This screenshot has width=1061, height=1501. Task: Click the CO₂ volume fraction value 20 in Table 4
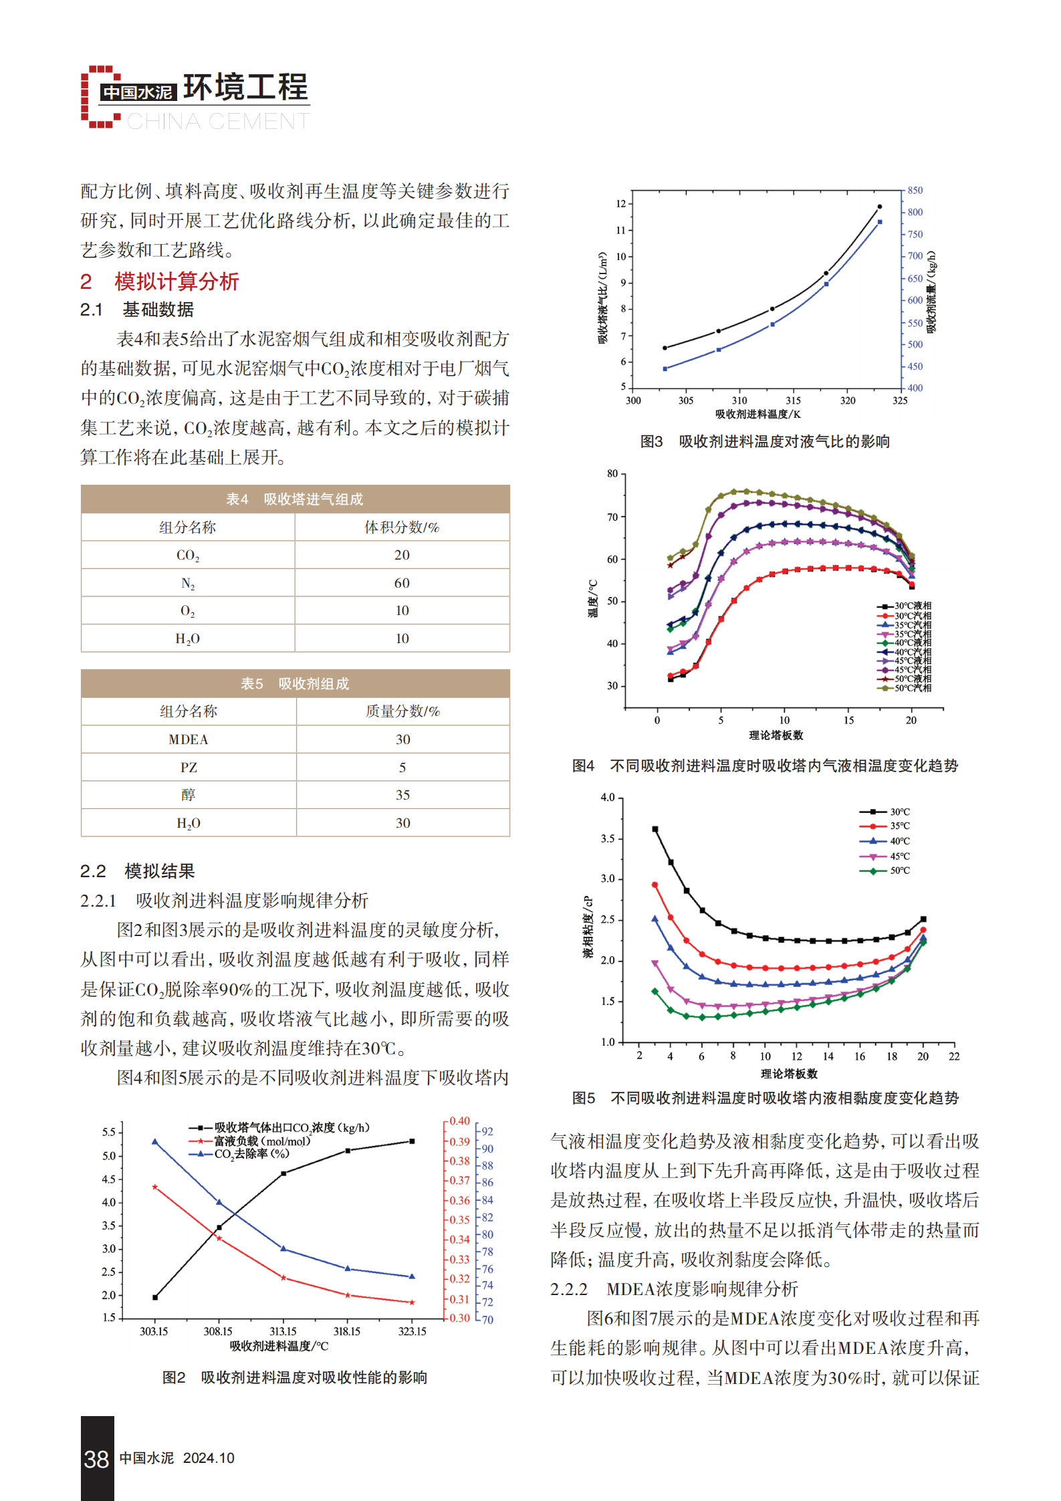point(402,555)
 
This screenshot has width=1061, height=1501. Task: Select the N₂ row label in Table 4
point(188,584)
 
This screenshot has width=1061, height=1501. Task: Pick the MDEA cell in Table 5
point(189,739)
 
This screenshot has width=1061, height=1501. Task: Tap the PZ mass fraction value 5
point(402,768)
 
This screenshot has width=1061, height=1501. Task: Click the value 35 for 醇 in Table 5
point(402,795)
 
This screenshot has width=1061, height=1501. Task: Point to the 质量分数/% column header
point(402,711)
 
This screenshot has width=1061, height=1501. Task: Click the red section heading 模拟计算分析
point(176,281)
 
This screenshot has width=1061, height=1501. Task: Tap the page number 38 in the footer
point(96,1459)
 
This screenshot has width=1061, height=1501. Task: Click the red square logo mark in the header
point(101,96)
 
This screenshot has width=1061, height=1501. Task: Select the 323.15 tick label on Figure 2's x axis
point(412,1331)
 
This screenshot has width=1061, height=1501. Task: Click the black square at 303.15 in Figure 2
point(155,1298)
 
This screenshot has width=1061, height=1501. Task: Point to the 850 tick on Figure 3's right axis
point(915,191)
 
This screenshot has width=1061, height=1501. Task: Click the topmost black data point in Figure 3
point(879,207)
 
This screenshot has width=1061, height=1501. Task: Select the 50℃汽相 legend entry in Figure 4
point(904,688)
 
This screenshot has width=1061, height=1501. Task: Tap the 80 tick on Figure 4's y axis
point(612,474)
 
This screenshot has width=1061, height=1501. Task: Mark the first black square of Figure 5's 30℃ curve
point(655,829)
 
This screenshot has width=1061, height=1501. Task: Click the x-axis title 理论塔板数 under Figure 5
point(789,1074)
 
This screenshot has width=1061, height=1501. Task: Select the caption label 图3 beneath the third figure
point(651,442)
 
